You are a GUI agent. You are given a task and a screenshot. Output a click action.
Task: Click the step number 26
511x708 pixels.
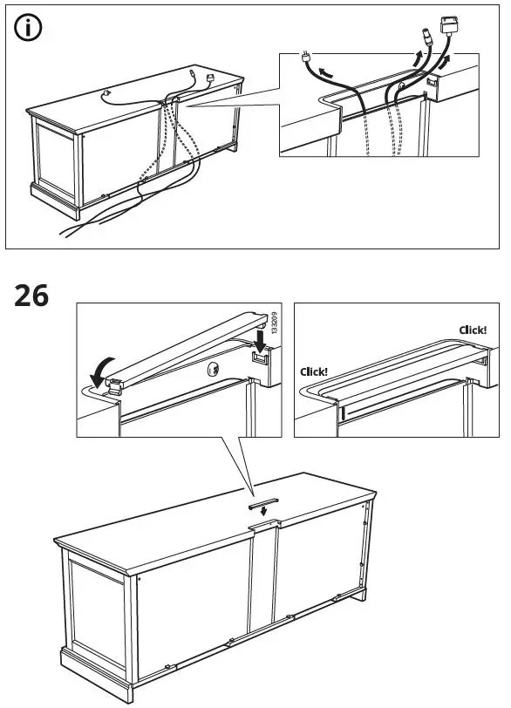33,297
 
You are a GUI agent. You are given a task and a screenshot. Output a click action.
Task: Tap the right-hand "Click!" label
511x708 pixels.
473,330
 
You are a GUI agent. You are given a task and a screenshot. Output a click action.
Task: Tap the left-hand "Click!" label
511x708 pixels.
314,371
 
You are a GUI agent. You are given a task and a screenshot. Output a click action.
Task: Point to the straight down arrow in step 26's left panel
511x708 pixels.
260,339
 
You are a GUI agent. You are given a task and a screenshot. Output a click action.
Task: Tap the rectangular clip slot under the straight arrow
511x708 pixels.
259,358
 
